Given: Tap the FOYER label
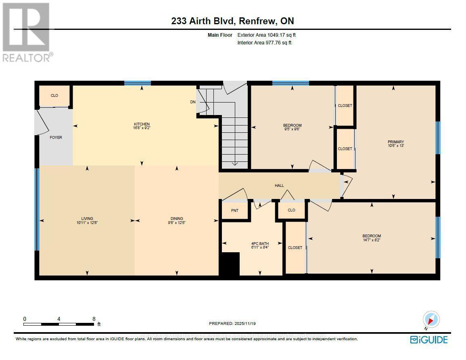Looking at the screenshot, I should tap(56, 138).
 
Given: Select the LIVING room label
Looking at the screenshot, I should tap(87, 218).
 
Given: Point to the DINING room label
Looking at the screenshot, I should tap(177, 218).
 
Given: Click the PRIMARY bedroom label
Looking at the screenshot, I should tap(395, 142).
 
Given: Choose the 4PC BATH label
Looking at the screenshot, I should tap(260, 243).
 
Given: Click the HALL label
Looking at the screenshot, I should tap(279, 186).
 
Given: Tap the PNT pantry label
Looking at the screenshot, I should tap(234, 210).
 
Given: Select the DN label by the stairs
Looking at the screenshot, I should tap(193, 102).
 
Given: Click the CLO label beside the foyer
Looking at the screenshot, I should tap(54, 96).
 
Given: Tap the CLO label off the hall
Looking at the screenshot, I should tap(291, 210).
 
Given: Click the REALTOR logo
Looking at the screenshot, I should tap(27, 32).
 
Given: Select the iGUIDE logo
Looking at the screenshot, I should tap(428, 339).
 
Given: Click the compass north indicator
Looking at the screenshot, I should tap(430, 319).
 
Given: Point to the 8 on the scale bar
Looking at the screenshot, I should tap(94, 318).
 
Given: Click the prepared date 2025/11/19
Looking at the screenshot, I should tap(233, 323).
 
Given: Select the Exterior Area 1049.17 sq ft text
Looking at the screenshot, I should tap(269, 35).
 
